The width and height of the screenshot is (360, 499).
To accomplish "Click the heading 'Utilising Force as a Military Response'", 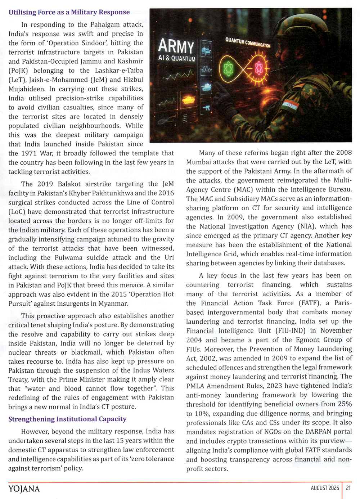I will (69, 12).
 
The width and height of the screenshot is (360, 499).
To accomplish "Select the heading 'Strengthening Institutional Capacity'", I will (67, 419).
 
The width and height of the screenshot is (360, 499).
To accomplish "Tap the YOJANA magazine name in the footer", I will (24, 489).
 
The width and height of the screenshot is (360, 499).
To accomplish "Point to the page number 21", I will (348, 488).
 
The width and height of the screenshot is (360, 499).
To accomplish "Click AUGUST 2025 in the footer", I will (325, 488).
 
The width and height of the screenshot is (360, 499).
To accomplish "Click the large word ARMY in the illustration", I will (176, 46).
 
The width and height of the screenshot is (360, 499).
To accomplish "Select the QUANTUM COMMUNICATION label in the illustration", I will (248, 42).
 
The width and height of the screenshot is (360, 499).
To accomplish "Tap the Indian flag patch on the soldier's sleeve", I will (290, 105).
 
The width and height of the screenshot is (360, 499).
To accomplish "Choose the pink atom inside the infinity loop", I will (258, 68).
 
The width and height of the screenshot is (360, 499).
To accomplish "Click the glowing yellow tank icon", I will (189, 100).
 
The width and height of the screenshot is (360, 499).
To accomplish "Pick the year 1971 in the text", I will (29, 153).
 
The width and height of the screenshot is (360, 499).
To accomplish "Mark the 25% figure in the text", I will (345, 404).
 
